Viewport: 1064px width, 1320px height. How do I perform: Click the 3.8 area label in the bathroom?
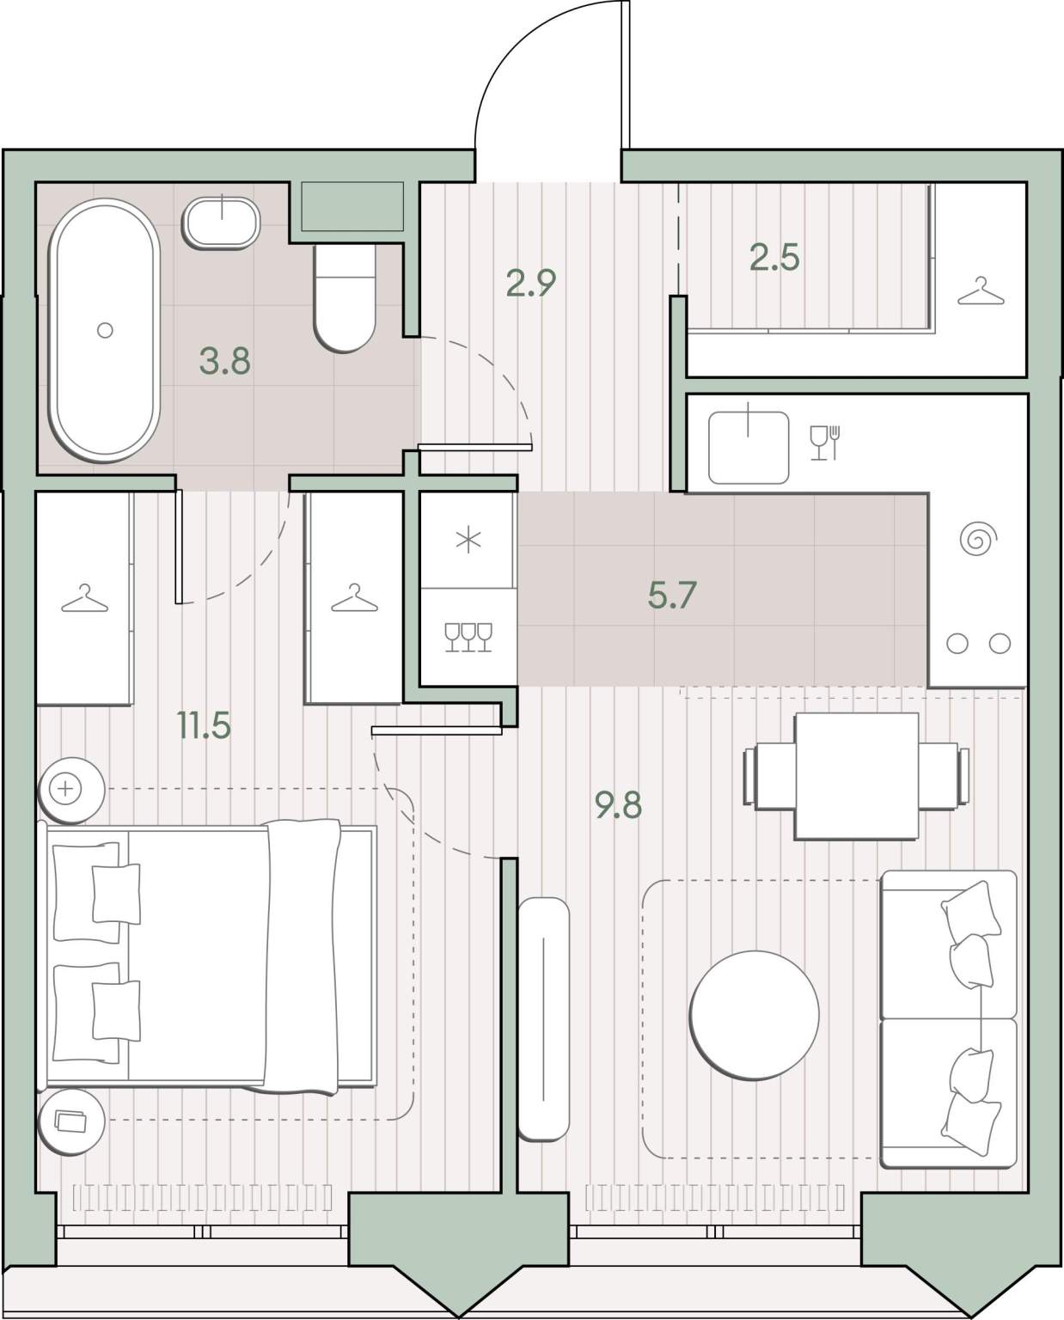[225, 361]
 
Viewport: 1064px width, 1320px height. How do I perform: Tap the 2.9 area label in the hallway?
[531, 283]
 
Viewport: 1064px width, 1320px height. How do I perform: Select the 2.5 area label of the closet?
[774, 258]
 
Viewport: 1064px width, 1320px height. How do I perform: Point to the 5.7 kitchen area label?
[672, 596]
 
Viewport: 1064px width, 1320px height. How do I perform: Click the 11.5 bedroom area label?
[204, 725]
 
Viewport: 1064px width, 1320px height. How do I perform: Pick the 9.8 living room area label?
[619, 805]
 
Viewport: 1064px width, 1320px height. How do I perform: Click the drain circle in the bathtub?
[105, 330]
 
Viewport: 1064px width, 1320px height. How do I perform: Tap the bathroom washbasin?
[221, 223]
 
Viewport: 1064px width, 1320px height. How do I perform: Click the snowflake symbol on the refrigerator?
[468, 540]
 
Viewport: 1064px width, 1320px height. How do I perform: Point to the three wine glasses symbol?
[468, 638]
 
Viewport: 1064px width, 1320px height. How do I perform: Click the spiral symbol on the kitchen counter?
[978, 539]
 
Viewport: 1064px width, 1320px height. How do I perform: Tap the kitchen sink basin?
[749, 448]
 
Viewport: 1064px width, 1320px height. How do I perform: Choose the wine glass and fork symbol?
[825, 443]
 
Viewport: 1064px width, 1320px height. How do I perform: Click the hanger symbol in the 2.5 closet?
[981, 290]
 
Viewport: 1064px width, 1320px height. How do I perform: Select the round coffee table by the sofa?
[754, 1015]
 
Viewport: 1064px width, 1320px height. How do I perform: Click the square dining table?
[857, 776]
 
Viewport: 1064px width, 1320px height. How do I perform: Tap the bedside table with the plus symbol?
[72, 790]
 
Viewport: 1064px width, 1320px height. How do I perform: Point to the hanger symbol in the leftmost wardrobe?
[85, 598]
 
